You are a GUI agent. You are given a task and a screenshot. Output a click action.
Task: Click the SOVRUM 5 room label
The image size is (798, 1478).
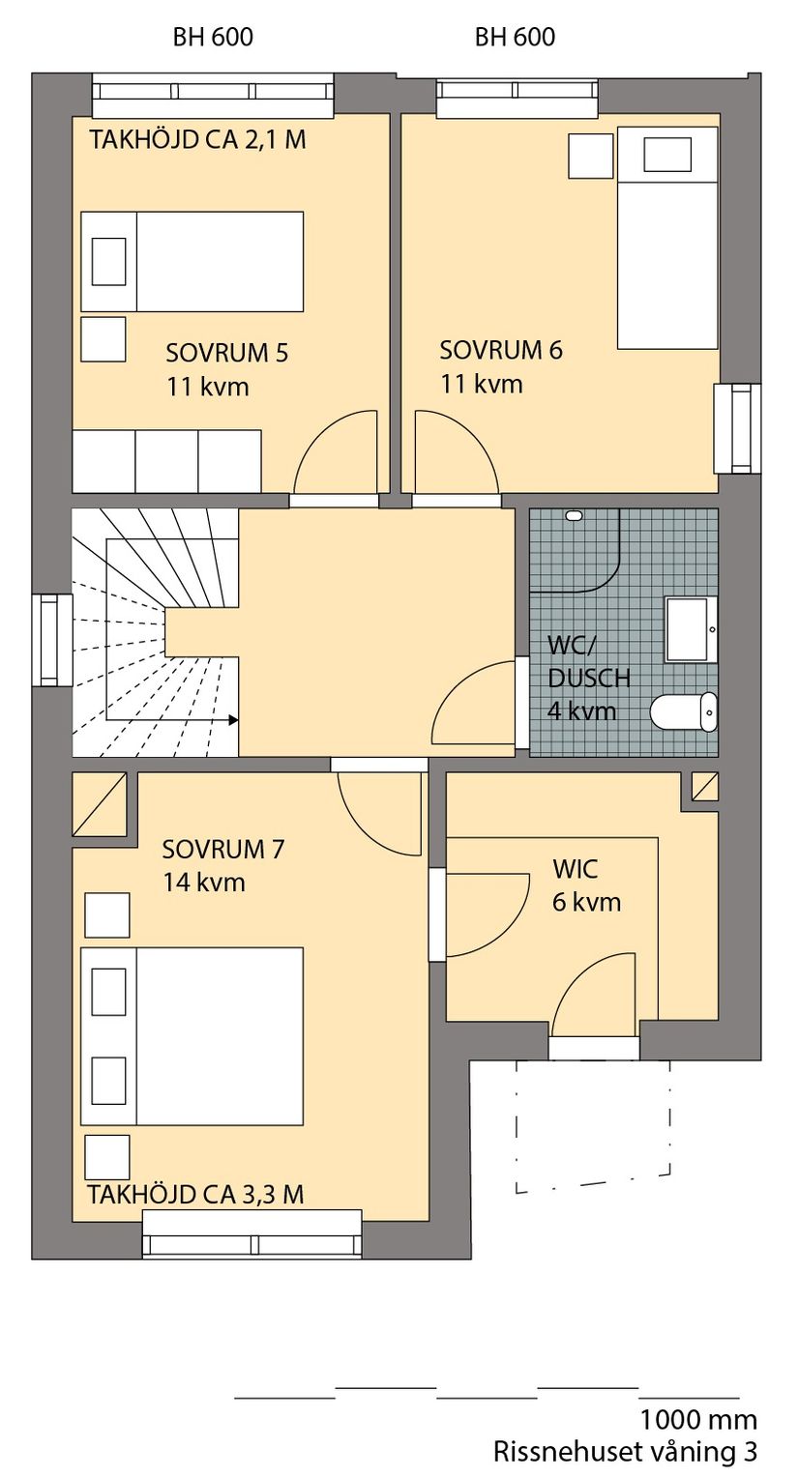pyautogui.click(x=226, y=353)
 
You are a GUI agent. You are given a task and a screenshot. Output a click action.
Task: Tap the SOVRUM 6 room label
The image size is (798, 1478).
pyautogui.click(x=500, y=350)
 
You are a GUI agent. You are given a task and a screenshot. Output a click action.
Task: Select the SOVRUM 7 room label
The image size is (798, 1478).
pyautogui.click(x=222, y=850)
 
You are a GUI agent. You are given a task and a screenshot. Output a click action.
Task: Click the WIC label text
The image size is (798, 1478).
pyautogui.click(x=575, y=869)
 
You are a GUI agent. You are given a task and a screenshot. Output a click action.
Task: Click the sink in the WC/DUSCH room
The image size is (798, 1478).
pyautogui.click(x=690, y=629)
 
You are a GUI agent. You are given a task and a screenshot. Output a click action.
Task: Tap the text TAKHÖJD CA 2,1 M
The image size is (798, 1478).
pyautogui.click(x=197, y=140)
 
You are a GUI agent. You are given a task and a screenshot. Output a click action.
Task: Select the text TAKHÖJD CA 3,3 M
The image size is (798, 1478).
pyautogui.click(x=195, y=1195)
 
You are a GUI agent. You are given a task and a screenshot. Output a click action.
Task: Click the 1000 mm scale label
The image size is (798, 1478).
pyautogui.click(x=697, y=1420)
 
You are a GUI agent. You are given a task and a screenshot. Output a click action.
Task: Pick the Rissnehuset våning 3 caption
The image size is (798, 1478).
pyautogui.click(x=625, y=1452)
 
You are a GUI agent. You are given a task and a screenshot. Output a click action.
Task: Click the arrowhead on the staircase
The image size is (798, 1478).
pyautogui.click(x=232, y=719)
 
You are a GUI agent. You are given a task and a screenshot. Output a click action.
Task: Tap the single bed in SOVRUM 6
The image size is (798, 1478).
pyautogui.click(x=667, y=238)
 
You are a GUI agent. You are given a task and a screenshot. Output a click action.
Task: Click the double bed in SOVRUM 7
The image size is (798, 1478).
pyautogui.click(x=192, y=1036)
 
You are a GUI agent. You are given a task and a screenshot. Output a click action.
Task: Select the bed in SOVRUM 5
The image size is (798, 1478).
pyautogui.click(x=192, y=262)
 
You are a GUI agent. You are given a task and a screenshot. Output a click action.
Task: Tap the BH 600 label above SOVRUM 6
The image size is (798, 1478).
pyautogui.click(x=515, y=38)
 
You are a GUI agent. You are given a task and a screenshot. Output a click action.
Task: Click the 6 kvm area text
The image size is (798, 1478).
pyautogui.click(x=586, y=903)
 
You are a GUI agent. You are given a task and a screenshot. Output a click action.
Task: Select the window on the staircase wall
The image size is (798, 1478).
pyautogui.click(x=52, y=640)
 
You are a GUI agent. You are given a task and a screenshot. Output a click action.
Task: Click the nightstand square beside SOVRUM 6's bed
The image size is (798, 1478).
pyautogui.click(x=590, y=156)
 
